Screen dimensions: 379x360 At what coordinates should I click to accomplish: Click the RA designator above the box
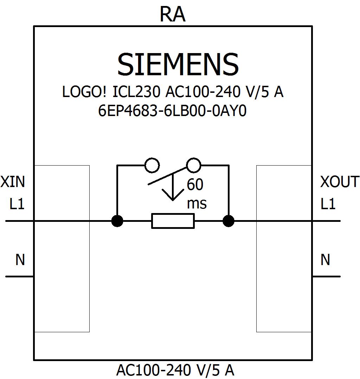pos(172,15)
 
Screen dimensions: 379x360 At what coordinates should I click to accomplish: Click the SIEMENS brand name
pos(178,65)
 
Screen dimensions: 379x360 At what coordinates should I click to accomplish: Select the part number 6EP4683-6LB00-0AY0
pos(173,111)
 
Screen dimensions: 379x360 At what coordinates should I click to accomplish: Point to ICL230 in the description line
pos(136,92)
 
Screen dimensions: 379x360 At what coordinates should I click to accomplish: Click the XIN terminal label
pos(13,182)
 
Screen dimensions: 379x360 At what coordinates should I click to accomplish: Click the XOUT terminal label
pos(339,182)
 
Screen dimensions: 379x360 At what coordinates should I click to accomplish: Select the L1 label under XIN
pos(17,204)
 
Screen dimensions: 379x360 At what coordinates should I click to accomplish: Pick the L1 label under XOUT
pos(328,204)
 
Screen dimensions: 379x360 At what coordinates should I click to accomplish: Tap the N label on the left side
pos(20,260)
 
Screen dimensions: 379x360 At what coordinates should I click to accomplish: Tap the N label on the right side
pos(325,260)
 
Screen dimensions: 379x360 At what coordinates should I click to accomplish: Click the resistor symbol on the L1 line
pos(173,221)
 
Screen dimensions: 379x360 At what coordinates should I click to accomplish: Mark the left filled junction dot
pos(117,221)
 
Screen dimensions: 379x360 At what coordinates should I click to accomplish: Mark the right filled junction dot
pos(229,221)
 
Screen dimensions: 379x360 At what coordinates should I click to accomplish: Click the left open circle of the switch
pos(152,165)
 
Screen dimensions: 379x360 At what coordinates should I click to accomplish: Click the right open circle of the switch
pos(193,165)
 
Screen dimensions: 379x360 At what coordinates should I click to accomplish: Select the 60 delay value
pos(195,185)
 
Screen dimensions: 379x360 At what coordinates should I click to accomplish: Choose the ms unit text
pos(197,204)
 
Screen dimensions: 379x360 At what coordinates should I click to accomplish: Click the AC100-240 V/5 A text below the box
pos(175,370)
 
